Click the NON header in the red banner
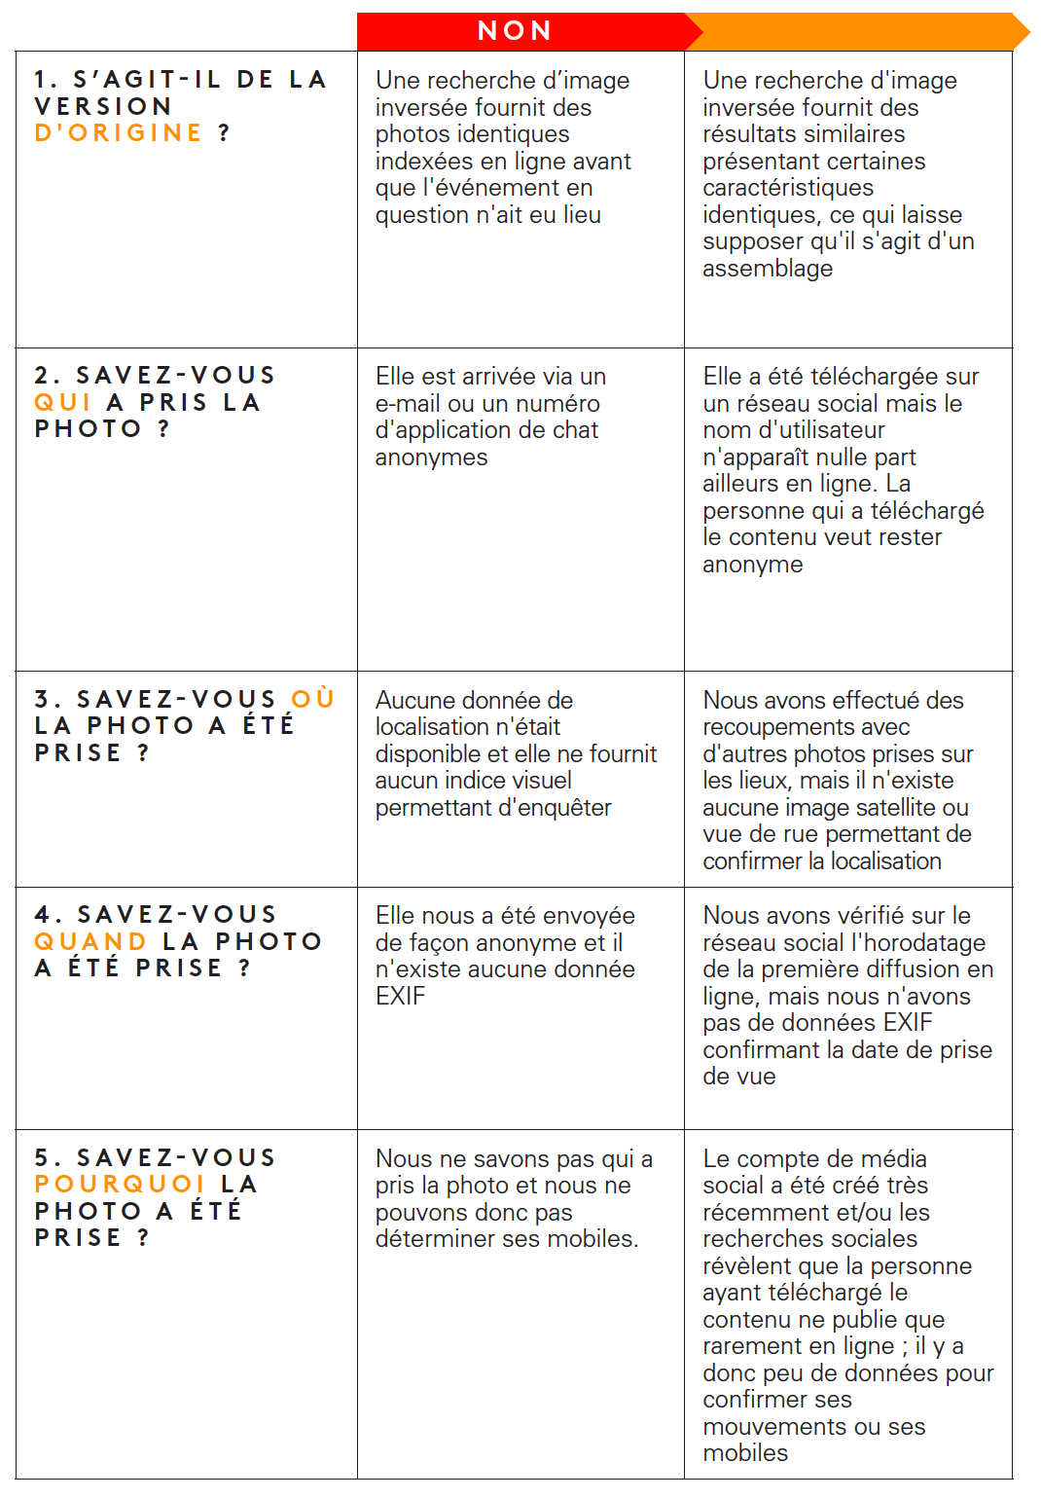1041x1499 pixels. [x=515, y=31]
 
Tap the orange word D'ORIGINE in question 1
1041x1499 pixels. [x=118, y=132]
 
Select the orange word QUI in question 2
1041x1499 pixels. [x=62, y=402]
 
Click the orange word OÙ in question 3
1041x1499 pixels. [x=312, y=699]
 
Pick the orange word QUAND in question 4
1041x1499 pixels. [x=90, y=941]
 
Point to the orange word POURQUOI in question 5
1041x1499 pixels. [x=120, y=1184]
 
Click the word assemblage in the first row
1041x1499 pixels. [x=768, y=269]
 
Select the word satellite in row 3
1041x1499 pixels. [x=889, y=807]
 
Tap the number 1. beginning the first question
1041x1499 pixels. [x=46, y=80]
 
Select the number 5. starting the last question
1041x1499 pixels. [x=46, y=1157]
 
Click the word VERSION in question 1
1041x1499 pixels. [x=103, y=106]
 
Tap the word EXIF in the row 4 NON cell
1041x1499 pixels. [x=401, y=996]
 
